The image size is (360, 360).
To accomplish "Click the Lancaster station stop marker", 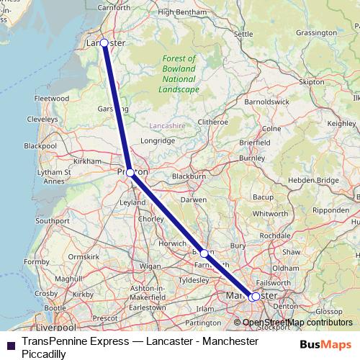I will click(x=104, y=43).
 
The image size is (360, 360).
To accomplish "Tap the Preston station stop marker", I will click(x=130, y=173).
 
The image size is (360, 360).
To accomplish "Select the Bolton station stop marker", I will click(x=204, y=253).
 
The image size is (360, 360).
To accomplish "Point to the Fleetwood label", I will click(x=51, y=98).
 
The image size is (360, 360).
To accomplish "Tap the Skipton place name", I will click(x=312, y=82).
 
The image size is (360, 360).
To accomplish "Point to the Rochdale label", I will click(x=274, y=235).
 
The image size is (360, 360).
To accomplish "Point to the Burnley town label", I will click(x=253, y=157).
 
